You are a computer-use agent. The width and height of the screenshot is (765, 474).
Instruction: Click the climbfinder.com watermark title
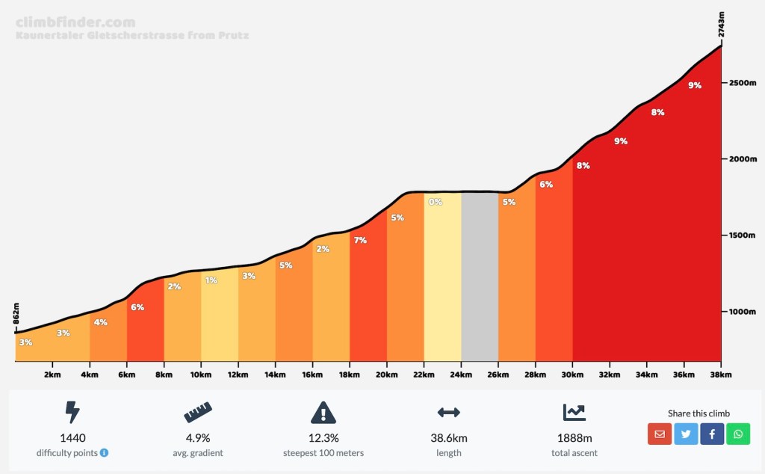coord(75,22)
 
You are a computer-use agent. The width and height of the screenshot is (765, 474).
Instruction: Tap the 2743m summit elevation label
coord(722,24)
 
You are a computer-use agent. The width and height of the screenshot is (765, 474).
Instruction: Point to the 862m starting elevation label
coord(16,315)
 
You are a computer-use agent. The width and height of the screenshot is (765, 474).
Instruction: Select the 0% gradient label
coord(436,202)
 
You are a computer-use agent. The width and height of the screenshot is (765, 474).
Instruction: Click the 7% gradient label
coord(361,240)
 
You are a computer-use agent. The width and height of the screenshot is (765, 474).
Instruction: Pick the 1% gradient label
coord(211,280)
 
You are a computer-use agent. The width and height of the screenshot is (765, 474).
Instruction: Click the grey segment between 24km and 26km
coord(480,277)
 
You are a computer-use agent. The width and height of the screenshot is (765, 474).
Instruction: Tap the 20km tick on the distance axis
coord(386,374)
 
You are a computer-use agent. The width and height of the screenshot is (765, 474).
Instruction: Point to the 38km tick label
coord(720,374)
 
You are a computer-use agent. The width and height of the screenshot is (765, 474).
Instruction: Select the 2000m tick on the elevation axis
coord(743,159)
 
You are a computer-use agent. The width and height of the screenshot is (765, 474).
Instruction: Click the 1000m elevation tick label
coord(743,312)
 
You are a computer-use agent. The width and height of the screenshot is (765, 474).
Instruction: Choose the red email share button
coord(659,434)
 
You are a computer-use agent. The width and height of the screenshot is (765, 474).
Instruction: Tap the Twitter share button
coord(685,434)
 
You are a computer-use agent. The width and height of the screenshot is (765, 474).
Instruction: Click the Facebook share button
coord(712,434)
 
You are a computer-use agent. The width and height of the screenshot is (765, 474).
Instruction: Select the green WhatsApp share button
coord(738,434)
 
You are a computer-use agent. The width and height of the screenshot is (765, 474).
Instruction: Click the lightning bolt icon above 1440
coord(72,412)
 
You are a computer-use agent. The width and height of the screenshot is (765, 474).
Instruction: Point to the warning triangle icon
coord(323,412)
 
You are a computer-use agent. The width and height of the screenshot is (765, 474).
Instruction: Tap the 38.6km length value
coord(448,438)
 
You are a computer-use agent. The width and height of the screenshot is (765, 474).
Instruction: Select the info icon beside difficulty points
coord(104,453)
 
